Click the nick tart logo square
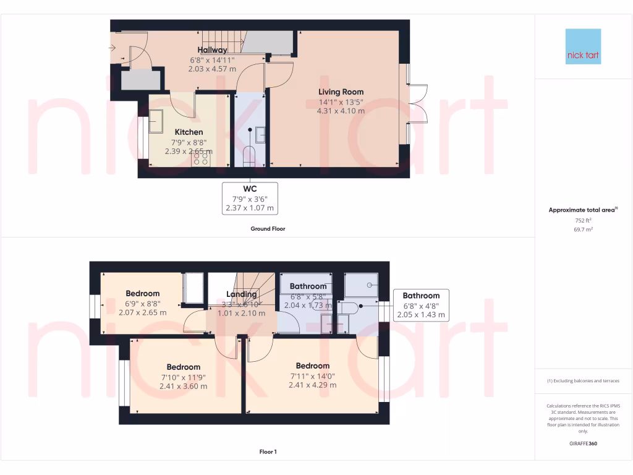coord(583,46)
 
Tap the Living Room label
coord(341,92)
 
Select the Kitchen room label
coord(189,132)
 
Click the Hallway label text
coord(213,50)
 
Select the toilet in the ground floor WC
coord(250,154)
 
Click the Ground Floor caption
coord(268,229)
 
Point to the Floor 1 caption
coord(268,452)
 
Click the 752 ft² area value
coord(583,220)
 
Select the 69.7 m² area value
coord(583,229)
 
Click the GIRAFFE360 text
coord(583,443)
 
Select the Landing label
coord(241,294)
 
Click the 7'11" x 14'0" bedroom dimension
coord(312,375)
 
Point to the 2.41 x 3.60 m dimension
coord(184,386)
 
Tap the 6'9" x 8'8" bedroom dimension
coord(143,303)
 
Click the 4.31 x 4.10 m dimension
coord(341,111)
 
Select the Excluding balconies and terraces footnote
coord(583,381)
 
